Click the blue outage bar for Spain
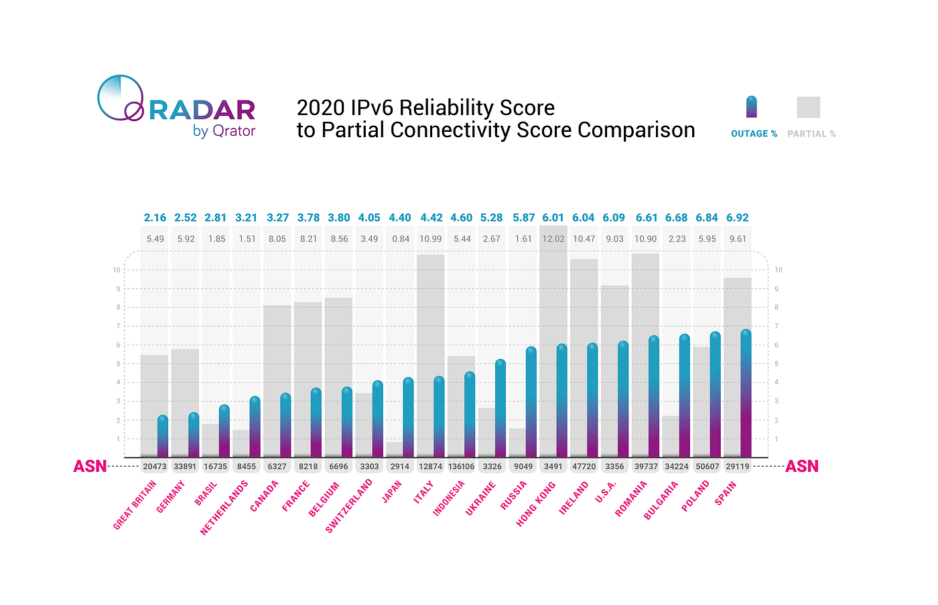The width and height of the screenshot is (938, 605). [746, 395]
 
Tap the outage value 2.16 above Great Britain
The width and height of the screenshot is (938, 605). [155, 218]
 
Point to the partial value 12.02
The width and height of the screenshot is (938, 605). [553, 239]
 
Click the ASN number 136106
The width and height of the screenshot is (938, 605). [461, 466]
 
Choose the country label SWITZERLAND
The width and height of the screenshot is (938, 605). [348, 506]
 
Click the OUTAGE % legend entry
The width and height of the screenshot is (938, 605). [754, 134]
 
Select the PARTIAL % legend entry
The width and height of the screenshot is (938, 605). [811, 134]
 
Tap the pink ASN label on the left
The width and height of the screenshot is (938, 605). [90, 466]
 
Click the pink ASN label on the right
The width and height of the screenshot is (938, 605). [802, 466]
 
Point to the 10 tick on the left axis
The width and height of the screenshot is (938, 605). [116, 270]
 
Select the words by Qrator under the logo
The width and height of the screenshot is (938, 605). [224, 131]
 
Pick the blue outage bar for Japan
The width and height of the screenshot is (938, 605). [408, 418]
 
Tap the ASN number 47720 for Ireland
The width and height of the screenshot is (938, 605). [584, 466]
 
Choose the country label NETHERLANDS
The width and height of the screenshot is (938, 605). [224, 507]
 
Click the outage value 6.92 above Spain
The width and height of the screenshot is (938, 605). [737, 218]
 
